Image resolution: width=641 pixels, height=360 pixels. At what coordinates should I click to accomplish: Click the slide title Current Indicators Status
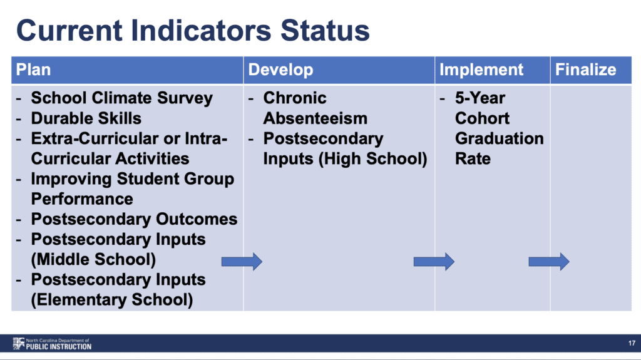coord(193,30)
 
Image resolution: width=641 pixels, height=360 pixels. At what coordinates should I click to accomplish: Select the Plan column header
coord(34,69)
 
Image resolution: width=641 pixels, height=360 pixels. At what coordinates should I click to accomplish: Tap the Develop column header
coord(280,69)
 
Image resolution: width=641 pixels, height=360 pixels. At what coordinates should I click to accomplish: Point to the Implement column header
coord(481,69)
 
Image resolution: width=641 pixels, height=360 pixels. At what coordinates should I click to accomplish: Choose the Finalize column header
coord(585,69)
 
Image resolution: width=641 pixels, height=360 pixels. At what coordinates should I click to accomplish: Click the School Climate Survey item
coord(122,98)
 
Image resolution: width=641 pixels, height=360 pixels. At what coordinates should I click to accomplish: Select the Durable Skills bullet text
coord(86,118)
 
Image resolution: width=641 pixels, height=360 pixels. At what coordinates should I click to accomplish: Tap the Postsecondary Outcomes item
coord(134,219)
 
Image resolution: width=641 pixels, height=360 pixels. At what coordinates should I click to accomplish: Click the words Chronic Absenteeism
coord(315,108)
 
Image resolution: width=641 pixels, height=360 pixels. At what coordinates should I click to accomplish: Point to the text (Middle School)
coord(94,259)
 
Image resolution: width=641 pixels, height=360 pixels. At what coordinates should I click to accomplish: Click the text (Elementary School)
coord(112,299)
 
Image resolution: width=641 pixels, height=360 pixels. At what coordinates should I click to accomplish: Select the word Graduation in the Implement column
coord(499,138)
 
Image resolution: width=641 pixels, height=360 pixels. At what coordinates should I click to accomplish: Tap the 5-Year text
coord(480,98)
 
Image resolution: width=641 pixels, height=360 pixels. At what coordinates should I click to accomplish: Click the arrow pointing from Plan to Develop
coord(242,262)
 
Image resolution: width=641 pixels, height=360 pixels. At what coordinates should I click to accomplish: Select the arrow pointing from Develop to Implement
coord(434,262)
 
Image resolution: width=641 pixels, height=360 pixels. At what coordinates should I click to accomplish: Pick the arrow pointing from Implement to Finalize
coord(548,262)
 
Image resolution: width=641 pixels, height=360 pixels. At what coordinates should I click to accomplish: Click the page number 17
coord(632,343)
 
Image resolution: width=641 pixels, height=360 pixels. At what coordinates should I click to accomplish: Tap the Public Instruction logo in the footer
coord(52,344)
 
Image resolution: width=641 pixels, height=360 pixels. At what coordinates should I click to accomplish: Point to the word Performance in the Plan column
coord(82,199)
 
